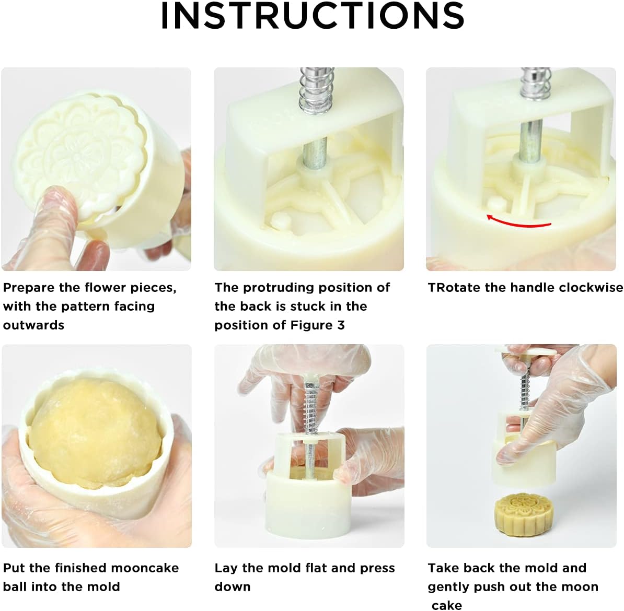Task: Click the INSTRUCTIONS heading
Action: point(313,16)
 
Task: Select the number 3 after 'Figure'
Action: point(341,325)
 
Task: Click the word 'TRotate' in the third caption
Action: point(454,287)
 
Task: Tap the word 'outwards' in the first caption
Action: point(33,325)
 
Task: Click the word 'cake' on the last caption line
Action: point(447,605)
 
